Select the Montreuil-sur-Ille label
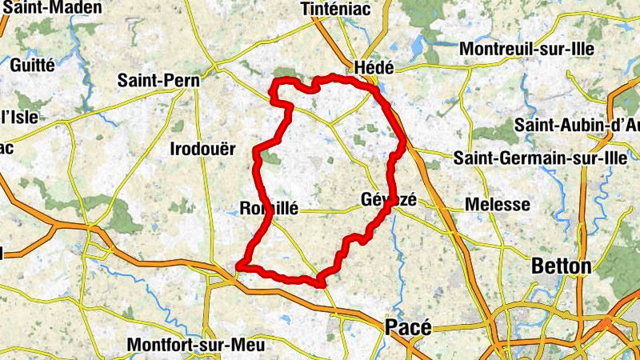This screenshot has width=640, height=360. click(x=526, y=49)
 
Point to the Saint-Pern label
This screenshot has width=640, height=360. click(x=158, y=80)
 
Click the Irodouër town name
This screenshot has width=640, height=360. click(x=203, y=148)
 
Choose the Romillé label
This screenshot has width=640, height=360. click(x=269, y=209)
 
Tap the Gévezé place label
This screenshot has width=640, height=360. click(x=389, y=200)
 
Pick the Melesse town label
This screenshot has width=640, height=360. click(x=497, y=205)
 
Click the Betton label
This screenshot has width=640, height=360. click(x=563, y=266)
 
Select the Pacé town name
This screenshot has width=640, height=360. click(x=408, y=327)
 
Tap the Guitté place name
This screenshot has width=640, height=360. click(x=33, y=65)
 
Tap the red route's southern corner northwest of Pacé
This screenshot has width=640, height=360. click(x=320, y=282)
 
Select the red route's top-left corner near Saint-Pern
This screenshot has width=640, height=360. click(x=274, y=82)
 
